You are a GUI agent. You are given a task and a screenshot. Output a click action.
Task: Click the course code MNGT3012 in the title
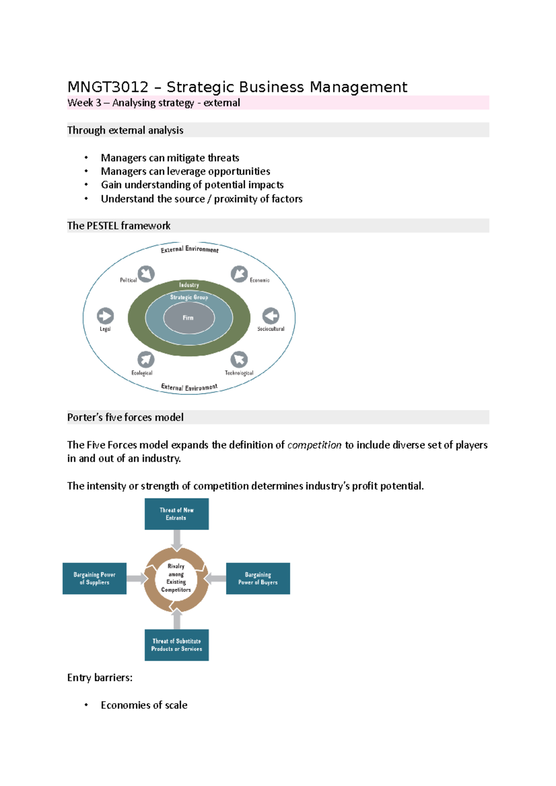pyautogui.click(x=107, y=87)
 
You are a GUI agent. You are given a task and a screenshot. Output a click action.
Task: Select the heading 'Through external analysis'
pyautogui.click(x=125, y=131)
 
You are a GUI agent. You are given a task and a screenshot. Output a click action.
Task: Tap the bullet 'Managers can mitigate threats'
pyautogui.click(x=170, y=158)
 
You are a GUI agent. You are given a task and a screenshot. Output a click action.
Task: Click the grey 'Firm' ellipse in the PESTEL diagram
pyautogui.click(x=189, y=318)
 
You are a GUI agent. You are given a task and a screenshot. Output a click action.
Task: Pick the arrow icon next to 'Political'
pyautogui.click(x=146, y=274)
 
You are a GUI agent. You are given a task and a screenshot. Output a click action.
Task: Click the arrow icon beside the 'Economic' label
pyautogui.click(x=239, y=274)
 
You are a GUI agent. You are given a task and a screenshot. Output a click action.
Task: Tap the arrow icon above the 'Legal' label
pyautogui.click(x=105, y=316)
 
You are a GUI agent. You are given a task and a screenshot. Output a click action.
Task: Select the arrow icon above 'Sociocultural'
pyautogui.click(x=271, y=316)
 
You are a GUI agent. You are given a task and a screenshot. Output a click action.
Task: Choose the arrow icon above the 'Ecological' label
pyautogui.click(x=145, y=359)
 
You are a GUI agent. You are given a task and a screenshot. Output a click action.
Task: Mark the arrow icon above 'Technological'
pyautogui.click(x=239, y=359)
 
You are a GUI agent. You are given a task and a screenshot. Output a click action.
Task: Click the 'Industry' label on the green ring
pyautogui.click(x=189, y=285)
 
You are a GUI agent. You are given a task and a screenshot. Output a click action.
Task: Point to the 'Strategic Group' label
pyautogui.click(x=189, y=297)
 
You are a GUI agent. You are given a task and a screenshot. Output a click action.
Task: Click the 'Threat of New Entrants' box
pyautogui.click(x=177, y=514)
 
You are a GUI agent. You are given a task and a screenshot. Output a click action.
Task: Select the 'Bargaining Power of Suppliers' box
pyautogui.click(x=95, y=579)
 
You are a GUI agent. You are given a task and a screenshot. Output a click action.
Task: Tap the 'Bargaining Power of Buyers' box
pyautogui.click(x=258, y=579)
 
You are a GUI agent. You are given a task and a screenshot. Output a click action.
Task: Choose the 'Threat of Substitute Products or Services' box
pyautogui.click(x=177, y=645)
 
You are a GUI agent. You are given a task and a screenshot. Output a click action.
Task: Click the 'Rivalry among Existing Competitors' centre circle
pyautogui.click(x=176, y=579)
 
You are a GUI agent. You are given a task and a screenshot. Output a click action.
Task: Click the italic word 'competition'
pyautogui.click(x=314, y=445)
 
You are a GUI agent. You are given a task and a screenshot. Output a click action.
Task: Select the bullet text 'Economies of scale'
pyautogui.click(x=144, y=705)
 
